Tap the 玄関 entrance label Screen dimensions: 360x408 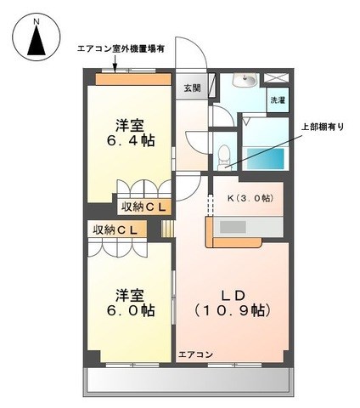click(192, 88)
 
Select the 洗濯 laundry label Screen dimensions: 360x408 click(278, 100)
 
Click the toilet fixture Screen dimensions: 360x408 click(225, 157)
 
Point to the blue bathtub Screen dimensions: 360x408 click(266, 159)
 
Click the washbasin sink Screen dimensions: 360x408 click(245, 80)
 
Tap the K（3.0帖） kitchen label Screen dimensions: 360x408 click(250, 198)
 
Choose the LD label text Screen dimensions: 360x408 click(233, 296)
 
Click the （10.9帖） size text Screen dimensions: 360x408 click(233, 311)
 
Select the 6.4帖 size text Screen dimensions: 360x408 click(131, 140)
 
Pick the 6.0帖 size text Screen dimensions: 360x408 click(131, 310)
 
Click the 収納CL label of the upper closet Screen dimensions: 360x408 click(143, 207)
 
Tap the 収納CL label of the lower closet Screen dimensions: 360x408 click(115, 229)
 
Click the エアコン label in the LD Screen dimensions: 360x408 click(195, 354)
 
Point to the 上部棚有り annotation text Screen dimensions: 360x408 click(323, 127)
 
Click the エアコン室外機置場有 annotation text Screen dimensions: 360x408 click(121, 49)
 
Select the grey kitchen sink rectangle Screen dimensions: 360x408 click(233, 227)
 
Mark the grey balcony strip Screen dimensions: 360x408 click(188, 380)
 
